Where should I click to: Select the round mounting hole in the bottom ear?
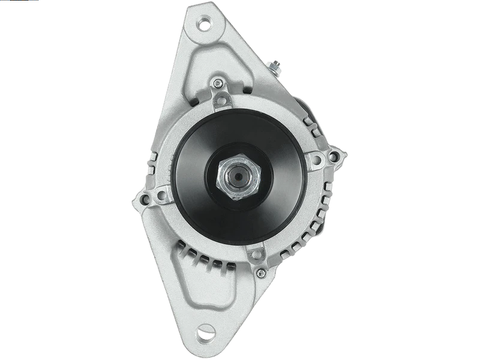(207, 329)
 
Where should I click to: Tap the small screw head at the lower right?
(259, 273)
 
